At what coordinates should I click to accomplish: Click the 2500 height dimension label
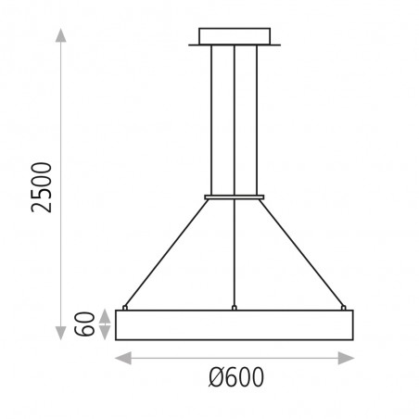(42, 187)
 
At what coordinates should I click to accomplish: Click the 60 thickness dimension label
(84, 324)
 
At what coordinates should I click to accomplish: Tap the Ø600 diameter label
(236, 377)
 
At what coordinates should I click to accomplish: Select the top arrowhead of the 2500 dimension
(61, 35)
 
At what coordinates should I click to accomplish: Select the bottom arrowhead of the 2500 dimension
(61, 333)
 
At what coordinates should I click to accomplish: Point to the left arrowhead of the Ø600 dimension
(123, 358)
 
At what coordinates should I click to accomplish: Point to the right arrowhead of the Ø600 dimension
(346, 358)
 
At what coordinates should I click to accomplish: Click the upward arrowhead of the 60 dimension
(105, 316)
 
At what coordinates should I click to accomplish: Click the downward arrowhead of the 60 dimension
(105, 333)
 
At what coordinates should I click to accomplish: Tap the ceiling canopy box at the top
(235, 36)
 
